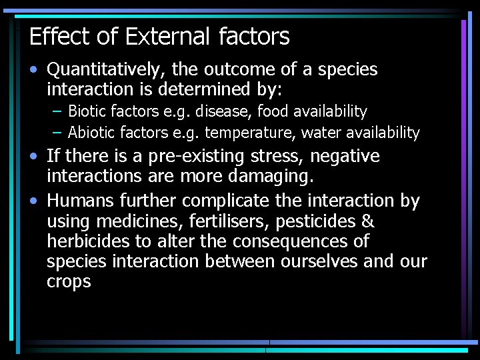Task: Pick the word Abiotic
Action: click(92, 133)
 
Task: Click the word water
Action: click(321, 133)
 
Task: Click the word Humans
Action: click(81, 200)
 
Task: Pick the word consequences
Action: click(312, 241)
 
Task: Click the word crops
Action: click(69, 282)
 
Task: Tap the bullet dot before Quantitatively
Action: click(33, 70)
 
